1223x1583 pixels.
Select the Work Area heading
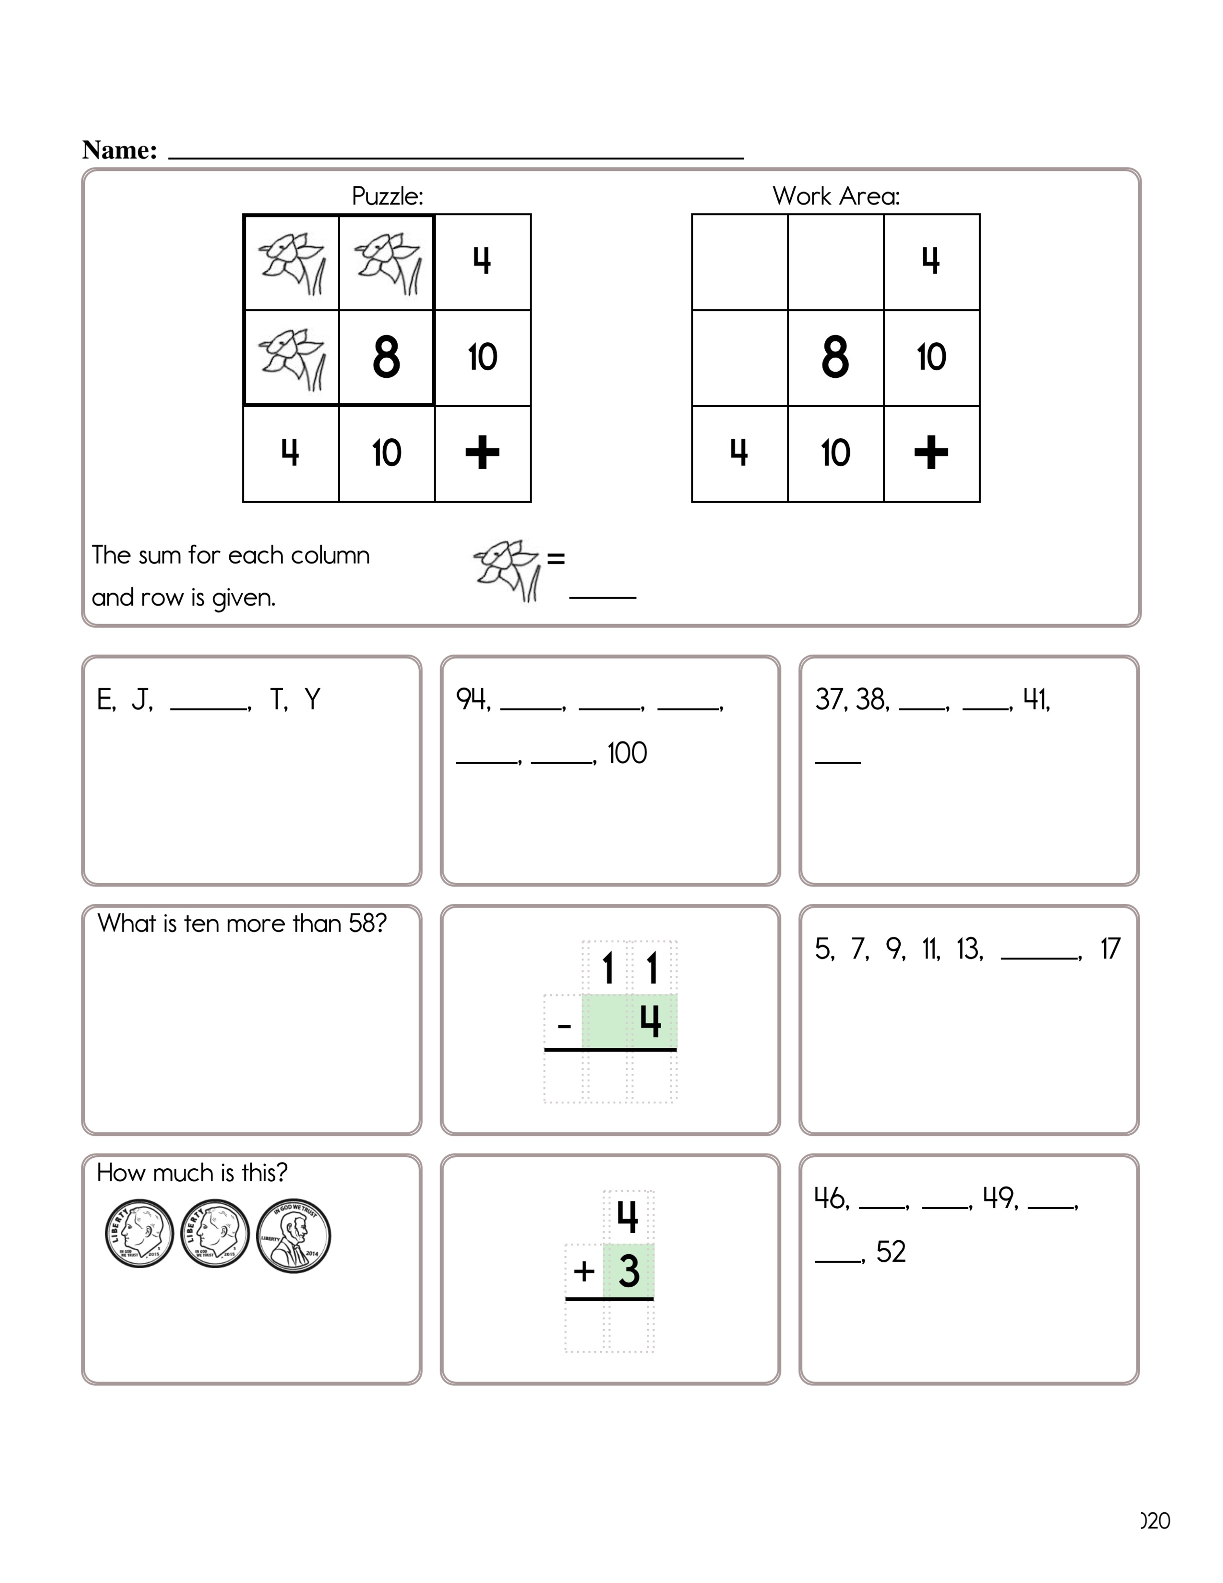click(836, 196)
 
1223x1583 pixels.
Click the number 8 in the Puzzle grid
click(386, 357)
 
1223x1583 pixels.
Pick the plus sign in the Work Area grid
click(931, 453)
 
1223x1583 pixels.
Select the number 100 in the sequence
click(626, 753)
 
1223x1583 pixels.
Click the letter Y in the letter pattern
click(312, 700)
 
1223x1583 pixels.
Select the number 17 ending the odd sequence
click(1110, 949)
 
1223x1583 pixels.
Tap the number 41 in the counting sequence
click(1035, 700)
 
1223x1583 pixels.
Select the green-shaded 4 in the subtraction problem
click(650, 1021)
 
